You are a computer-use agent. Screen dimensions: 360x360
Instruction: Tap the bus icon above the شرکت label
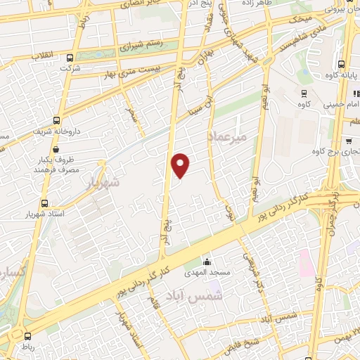click(x=69, y=58)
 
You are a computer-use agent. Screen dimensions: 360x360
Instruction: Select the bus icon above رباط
click(x=29, y=336)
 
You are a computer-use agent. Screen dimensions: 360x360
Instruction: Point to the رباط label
click(x=30, y=347)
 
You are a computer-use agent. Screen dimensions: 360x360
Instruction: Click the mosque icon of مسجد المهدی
click(x=205, y=260)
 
